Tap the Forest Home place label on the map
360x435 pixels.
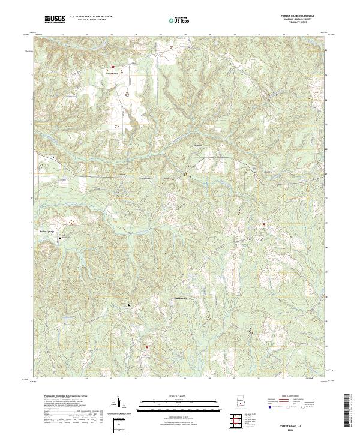click(x=112, y=75)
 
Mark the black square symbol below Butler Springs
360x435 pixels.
click(x=59, y=238)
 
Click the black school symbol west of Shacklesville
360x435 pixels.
click(x=129, y=305)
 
